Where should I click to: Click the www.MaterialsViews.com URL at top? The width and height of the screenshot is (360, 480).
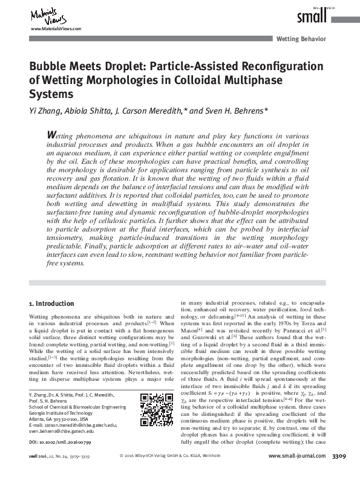(x=55, y=29)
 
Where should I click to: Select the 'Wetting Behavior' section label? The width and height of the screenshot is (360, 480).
(x=301, y=39)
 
